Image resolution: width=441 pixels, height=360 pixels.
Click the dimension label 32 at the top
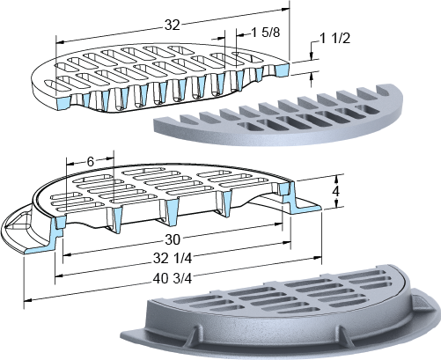[x=172, y=26]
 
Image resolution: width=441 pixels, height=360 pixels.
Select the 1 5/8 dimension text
[x=266, y=33]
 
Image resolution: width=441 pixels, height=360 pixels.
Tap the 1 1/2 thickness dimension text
[x=334, y=39]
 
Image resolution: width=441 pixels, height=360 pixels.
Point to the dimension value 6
[x=91, y=161]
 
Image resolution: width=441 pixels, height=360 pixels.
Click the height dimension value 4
[x=336, y=191]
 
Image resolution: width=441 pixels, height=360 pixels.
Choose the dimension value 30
[x=173, y=239]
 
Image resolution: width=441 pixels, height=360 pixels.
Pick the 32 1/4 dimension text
[x=173, y=259]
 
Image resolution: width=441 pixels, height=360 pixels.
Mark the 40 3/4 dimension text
[x=173, y=278]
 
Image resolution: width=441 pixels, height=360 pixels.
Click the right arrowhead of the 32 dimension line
[x=285, y=10]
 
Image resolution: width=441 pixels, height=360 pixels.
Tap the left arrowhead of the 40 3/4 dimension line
[x=27, y=300]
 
